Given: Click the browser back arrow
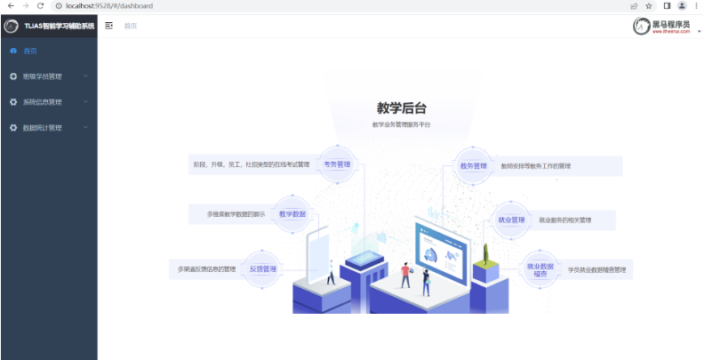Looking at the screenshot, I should pyautogui.click(x=10, y=5).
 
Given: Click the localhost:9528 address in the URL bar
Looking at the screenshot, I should pyautogui.click(x=109, y=5).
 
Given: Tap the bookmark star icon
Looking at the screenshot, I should pyautogui.click(x=649, y=5).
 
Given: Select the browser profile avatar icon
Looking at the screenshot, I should pyautogui.click(x=682, y=5).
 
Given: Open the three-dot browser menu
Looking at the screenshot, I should pyautogui.click(x=696, y=5).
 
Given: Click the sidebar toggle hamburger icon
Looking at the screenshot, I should pyautogui.click(x=109, y=26).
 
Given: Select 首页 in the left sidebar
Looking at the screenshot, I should pyautogui.click(x=30, y=51).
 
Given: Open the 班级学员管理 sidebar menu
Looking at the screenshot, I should pyautogui.click(x=43, y=76).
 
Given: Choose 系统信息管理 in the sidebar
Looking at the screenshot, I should pyautogui.click(x=43, y=102).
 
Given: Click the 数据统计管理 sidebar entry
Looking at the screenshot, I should pyautogui.click(x=43, y=128).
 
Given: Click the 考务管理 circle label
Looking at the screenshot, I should pyautogui.click(x=337, y=164).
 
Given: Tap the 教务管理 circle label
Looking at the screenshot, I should pyautogui.click(x=474, y=165).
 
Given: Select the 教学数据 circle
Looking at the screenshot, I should pyautogui.click(x=292, y=214).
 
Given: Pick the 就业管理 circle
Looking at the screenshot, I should pyautogui.click(x=511, y=220).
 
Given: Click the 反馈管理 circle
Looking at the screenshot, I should pyautogui.click(x=263, y=268).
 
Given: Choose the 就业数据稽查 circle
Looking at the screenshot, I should pyautogui.click(x=540, y=269).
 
